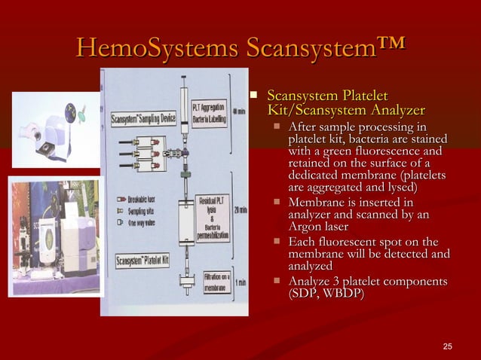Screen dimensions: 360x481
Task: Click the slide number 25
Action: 448,346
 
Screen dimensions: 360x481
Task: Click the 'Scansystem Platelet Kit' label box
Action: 142,261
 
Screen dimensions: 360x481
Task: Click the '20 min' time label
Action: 239,209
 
